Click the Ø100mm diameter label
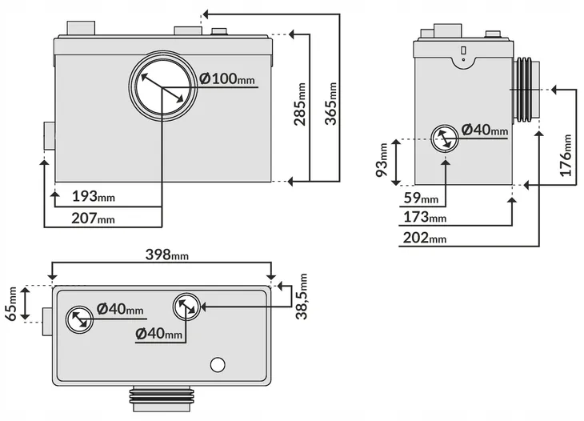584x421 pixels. tap(227, 78)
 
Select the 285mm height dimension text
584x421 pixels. tap(300, 104)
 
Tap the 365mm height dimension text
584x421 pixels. tap(330, 103)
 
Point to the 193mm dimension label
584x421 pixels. tap(93, 196)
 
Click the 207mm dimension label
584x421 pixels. tap(93, 218)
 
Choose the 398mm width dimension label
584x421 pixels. tap(167, 255)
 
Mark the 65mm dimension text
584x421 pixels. tap(11, 303)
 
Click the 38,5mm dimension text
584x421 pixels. tap(302, 297)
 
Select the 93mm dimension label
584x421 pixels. tap(382, 160)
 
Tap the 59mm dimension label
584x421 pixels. tap(421, 198)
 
